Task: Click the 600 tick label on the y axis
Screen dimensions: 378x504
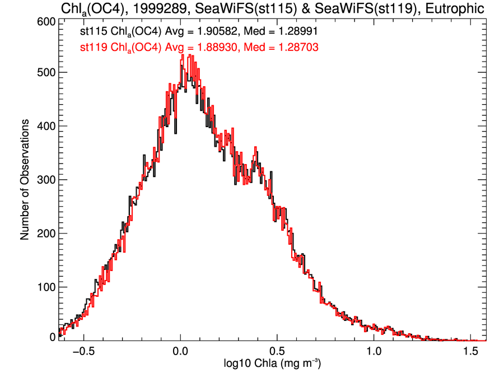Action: coord(45,21)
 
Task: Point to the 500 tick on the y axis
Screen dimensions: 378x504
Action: coord(45,73)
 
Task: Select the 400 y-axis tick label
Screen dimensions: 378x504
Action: coord(45,126)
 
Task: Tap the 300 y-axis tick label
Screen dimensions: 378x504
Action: coord(45,180)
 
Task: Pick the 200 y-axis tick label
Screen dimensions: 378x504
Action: coord(45,234)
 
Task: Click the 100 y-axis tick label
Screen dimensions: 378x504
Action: coord(45,287)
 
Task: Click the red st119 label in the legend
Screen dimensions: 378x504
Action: coord(92,48)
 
